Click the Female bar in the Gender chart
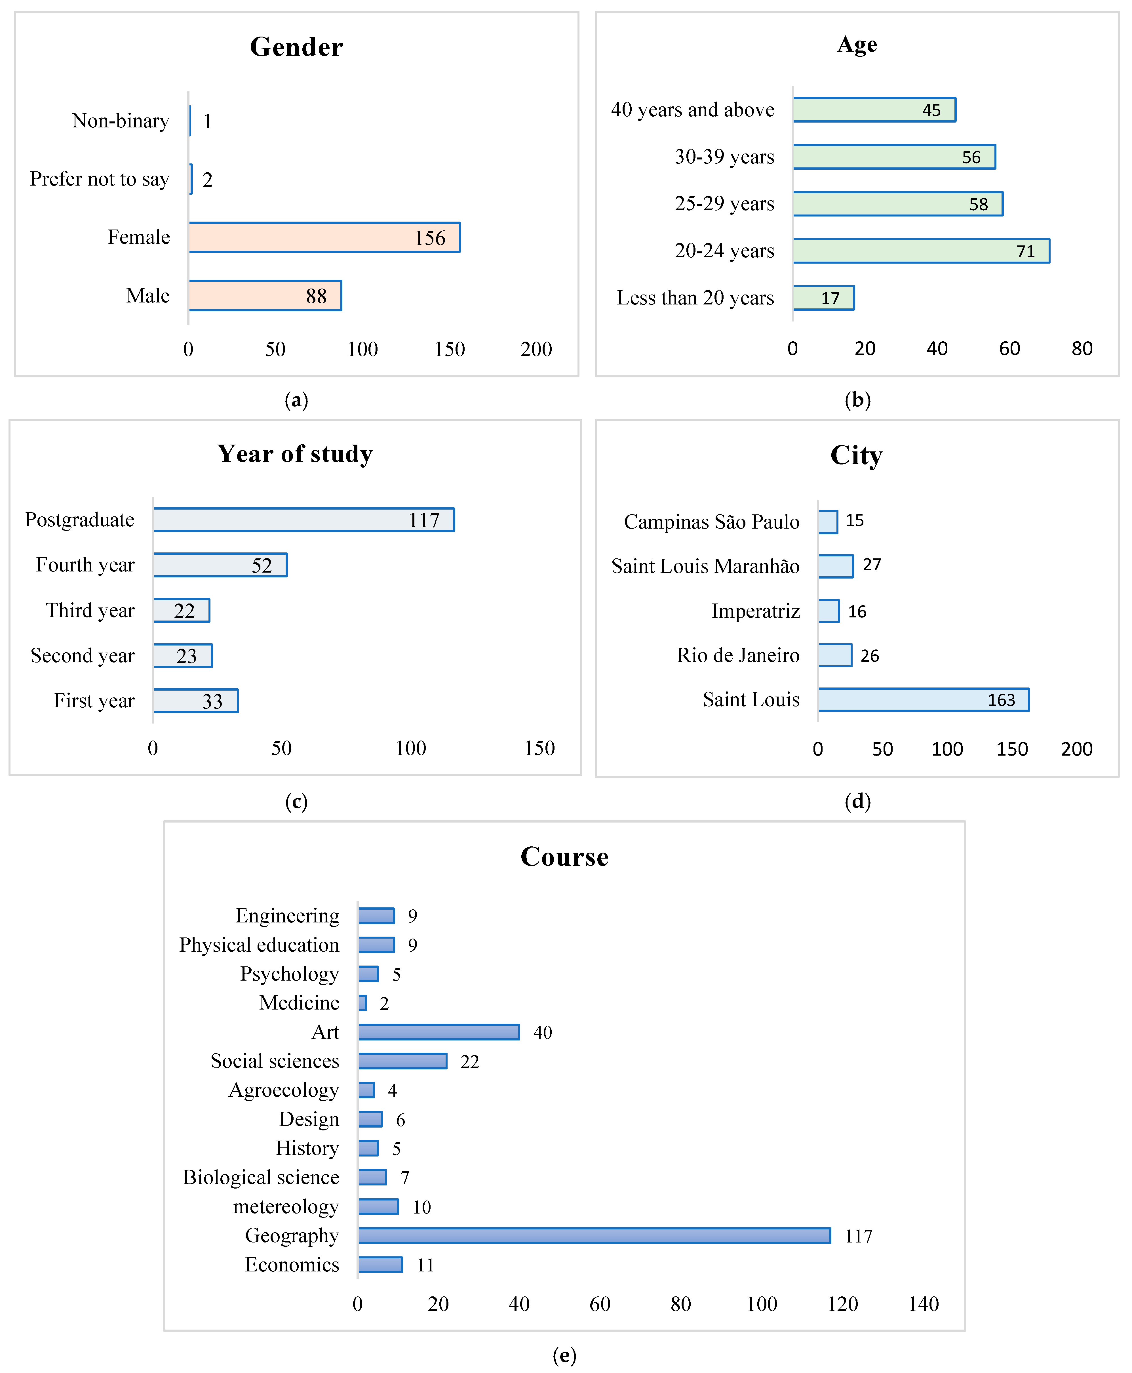[x=324, y=237]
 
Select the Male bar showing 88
[x=265, y=295]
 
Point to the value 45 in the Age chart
[x=931, y=110]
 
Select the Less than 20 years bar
[x=824, y=298]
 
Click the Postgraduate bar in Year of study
[x=304, y=520]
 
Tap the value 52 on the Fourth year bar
[x=262, y=565]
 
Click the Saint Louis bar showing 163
[x=923, y=700]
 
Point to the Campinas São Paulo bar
[x=828, y=522]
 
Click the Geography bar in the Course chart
[x=594, y=1235]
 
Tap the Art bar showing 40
[x=439, y=1032]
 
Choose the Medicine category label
[x=299, y=1002]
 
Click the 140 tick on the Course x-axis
[x=923, y=1304]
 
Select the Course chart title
[x=565, y=856]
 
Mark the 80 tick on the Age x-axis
[x=1082, y=349]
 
